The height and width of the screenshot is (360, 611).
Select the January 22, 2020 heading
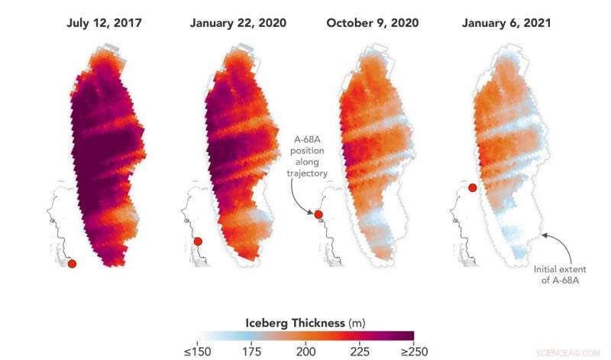tap(238, 23)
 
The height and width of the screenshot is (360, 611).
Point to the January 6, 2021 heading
tap(507, 23)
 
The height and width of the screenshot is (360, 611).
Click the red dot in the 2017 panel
tap(72, 264)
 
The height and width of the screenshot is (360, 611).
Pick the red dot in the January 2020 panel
tap(198, 242)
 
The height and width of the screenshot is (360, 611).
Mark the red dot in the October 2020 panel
tap(318, 215)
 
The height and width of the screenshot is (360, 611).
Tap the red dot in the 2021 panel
tap(473, 187)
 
